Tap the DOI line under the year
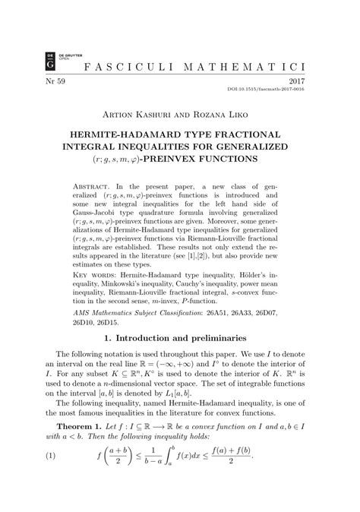click(x=293, y=90)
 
